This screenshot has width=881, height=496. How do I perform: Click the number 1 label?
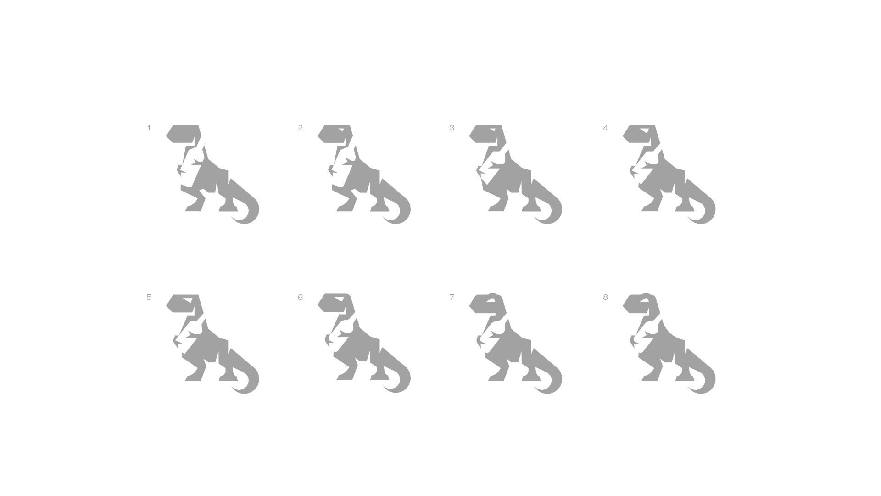[149, 128]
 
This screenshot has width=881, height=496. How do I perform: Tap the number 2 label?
[300, 128]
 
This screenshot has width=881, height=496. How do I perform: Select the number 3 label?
[452, 128]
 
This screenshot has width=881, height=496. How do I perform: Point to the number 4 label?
[605, 128]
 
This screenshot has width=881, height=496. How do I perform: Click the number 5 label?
[149, 297]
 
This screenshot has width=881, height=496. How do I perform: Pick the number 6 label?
[300, 297]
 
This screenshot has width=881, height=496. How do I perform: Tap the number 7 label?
[452, 297]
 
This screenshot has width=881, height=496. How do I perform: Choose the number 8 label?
[605, 297]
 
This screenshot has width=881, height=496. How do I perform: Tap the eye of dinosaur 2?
[341, 130]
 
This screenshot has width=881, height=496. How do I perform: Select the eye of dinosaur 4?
[646, 130]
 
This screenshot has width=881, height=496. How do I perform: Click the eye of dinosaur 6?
[340, 299]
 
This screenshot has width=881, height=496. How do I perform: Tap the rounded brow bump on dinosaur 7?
[492, 295]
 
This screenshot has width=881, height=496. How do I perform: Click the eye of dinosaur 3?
[493, 130]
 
